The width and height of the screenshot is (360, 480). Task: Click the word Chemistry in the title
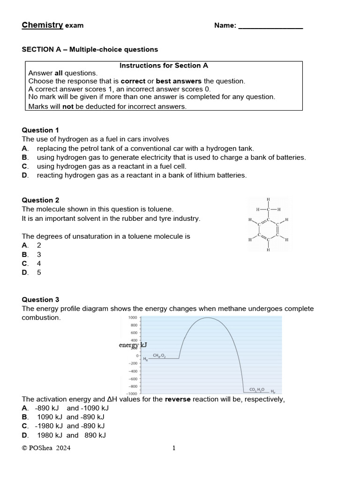tap(42, 25)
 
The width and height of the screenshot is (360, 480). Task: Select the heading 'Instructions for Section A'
tap(164, 66)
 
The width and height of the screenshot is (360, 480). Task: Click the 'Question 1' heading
tap(41, 130)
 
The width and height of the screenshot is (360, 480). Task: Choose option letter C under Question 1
tap(25, 166)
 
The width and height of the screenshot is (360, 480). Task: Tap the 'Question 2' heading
tap(41, 200)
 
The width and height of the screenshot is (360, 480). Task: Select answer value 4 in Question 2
tap(39, 263)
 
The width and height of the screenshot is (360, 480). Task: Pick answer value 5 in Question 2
tap(39, 272)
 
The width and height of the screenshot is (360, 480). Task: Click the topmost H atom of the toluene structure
tap(268, 199)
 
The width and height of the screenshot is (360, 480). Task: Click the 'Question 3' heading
tap(41, 300)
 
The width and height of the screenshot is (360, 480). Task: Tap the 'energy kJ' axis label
tap(133, 345)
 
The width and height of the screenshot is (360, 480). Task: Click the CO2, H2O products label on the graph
tap(257, 390)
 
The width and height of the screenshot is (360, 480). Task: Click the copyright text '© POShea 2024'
tap(46, 448)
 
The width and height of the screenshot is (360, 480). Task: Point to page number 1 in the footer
tap(174, 448)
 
